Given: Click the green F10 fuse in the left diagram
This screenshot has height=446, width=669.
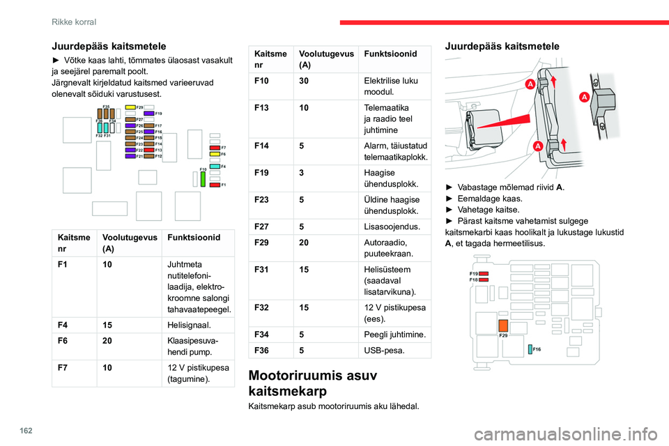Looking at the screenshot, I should pyautogui.click(x=203, y=178).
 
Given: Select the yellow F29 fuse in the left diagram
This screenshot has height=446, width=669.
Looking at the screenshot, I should pyautogui.click(x=130, y=107).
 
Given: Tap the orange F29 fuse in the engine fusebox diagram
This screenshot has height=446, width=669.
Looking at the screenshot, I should pyautogui.click(x=502, y=325).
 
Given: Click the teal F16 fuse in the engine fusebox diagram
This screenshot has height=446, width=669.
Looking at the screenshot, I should pyautogui.click(x=530, y=348).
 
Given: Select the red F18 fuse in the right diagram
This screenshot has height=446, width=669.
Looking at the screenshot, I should pyautogui.click(x=483, y=279).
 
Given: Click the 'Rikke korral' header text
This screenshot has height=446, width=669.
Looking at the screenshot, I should pyautogui.click(x=74, y=22).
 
